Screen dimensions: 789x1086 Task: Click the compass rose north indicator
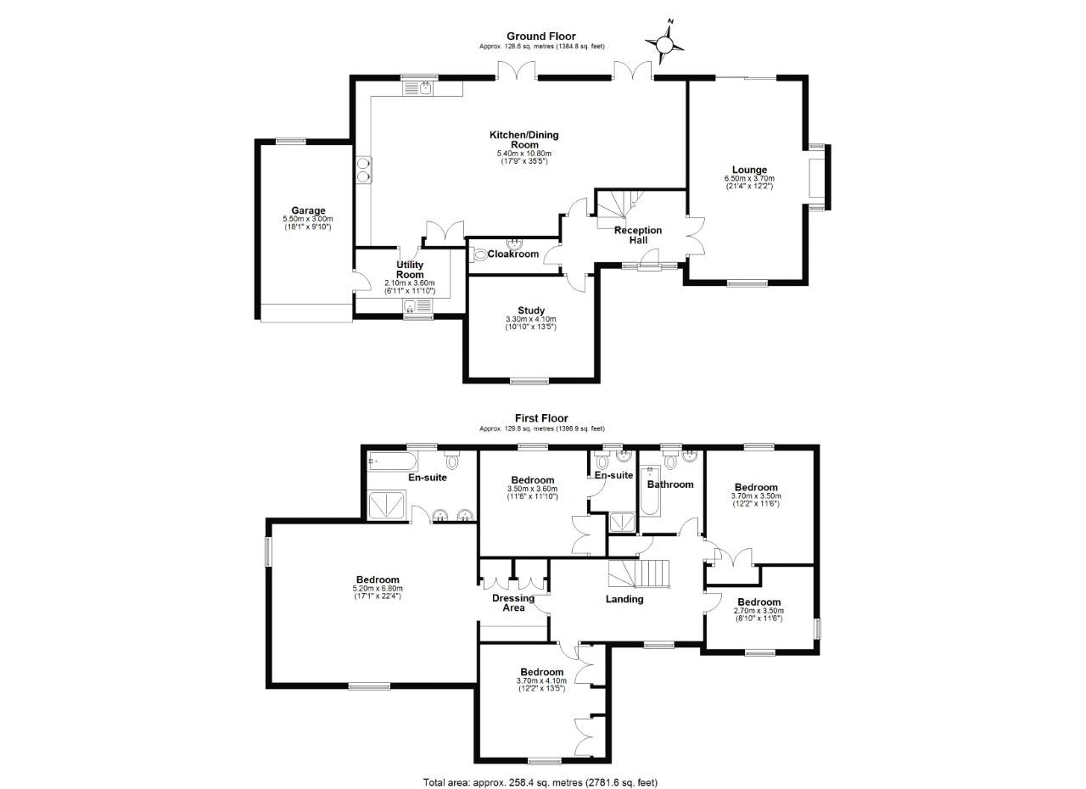tap(666, 42)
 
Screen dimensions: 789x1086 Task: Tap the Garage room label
tap(308, 210)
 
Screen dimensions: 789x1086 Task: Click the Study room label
tap(531, 311)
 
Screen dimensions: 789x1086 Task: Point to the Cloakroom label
tap(513, 254)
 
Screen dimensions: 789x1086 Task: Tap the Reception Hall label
tap(638, 235)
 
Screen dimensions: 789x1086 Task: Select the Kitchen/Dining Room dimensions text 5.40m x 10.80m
tap(523, 154)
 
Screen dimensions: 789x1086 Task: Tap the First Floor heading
tap(541, 417)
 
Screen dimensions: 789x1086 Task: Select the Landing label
tap(624, 599)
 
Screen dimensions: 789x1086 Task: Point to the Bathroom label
tap(670, 484)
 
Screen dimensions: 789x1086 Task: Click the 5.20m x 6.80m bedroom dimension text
tap(378, 588)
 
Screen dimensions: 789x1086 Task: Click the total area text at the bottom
tap(540, 782)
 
